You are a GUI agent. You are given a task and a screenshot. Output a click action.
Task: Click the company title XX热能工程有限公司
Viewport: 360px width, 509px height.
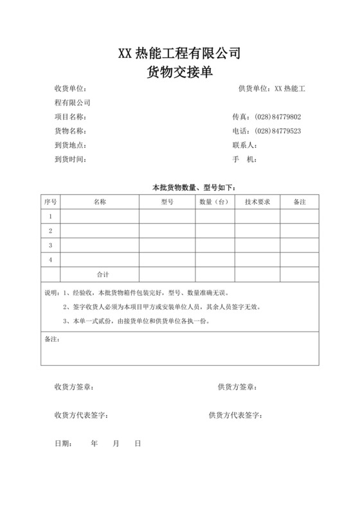179,53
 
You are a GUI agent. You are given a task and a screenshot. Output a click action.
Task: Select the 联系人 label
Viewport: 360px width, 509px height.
244,145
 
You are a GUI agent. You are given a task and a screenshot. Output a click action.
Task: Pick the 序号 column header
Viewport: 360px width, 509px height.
50,202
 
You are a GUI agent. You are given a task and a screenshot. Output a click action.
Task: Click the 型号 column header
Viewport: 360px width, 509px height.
167,202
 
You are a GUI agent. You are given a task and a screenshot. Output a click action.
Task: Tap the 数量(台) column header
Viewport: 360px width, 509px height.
215,202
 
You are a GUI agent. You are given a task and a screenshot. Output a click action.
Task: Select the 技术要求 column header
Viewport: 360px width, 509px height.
257,202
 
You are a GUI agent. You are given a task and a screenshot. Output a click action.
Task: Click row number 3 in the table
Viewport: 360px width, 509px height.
50,246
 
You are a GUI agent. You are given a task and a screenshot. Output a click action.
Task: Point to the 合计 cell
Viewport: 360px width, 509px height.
103,274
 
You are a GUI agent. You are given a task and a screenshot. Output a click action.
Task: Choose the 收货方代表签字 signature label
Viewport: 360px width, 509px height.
81,416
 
